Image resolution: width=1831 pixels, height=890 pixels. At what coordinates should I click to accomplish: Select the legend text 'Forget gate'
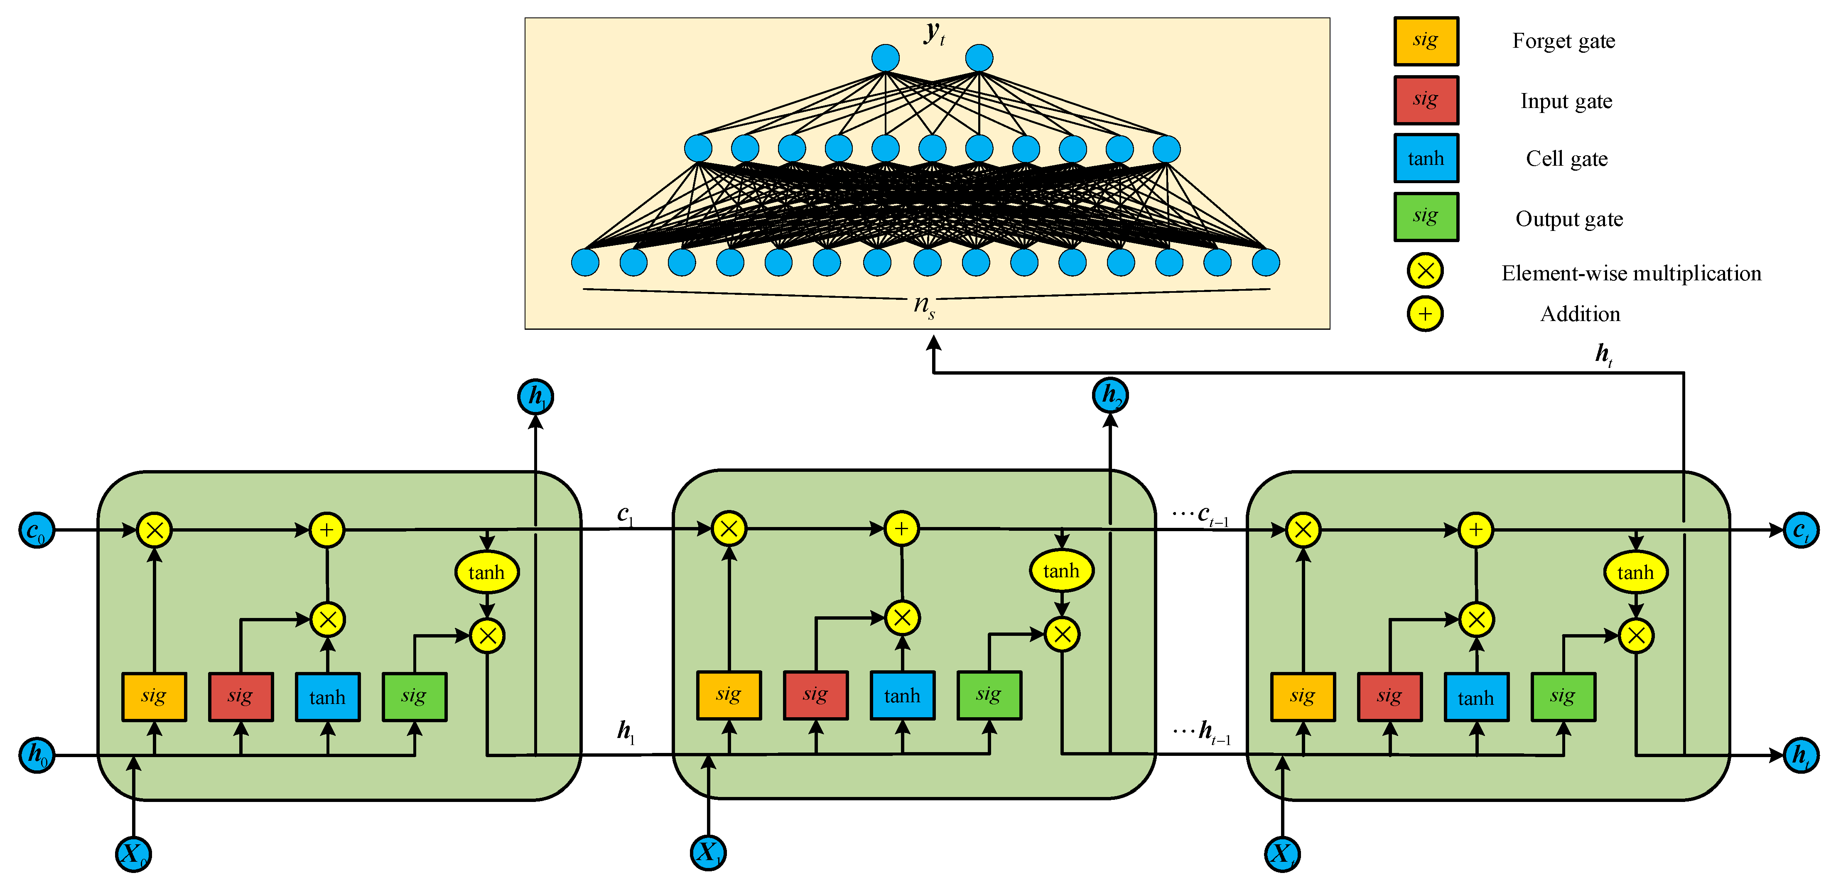tap(1563, 41)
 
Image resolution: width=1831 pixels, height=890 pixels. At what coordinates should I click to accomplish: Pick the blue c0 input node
tap(36, 530)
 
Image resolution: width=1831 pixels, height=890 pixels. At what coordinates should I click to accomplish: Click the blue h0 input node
tap(36, 754)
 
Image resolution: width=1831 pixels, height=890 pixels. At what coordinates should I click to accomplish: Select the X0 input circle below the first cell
tap(133, 853)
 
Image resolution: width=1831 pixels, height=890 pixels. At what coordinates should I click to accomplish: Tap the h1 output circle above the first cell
tap(535, 396)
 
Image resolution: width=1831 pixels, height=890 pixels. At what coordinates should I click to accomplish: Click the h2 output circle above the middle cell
tap(1109, 395)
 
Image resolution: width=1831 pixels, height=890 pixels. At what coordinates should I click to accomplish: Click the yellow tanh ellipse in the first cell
tap(486, 572)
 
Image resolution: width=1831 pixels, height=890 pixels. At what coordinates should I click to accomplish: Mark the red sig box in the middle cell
tap(815, 694)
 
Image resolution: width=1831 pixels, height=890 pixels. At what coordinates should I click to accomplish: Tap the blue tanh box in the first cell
tap(327, 696)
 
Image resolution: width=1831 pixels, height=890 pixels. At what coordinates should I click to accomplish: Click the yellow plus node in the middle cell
tap(901, 529)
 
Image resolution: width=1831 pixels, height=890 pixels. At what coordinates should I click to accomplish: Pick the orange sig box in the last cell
tap(1302, 696)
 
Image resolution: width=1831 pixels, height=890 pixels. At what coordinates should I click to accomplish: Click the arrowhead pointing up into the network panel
tap(933, 344)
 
